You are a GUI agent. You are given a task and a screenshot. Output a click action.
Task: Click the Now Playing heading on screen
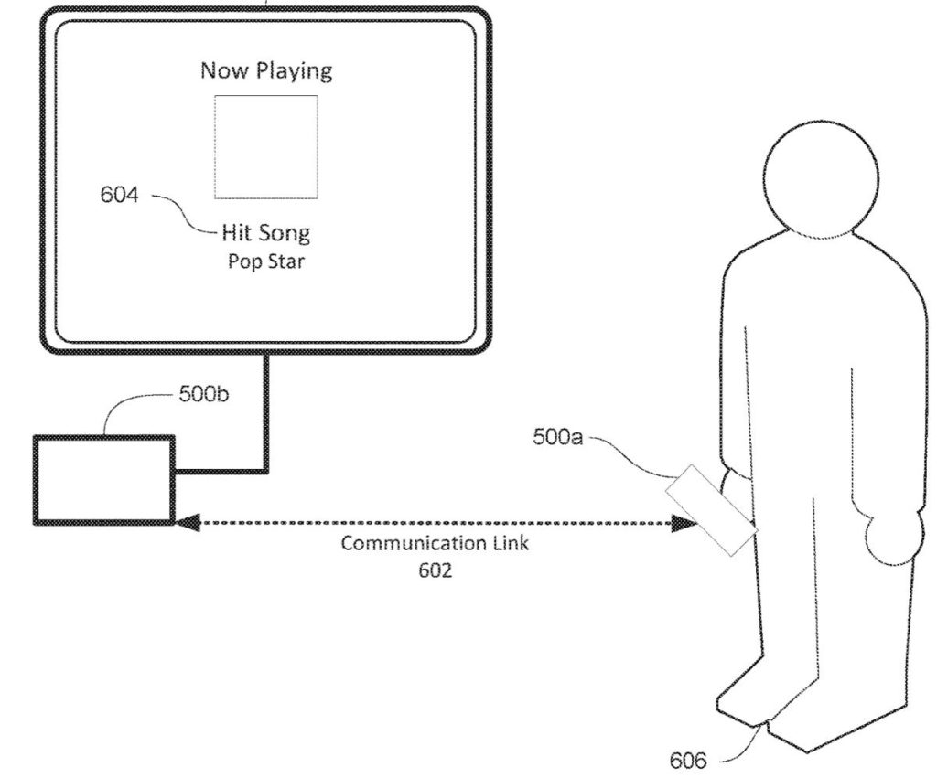click(x=266, y=71)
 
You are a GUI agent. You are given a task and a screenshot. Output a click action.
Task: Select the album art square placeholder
click(x=266, y=146)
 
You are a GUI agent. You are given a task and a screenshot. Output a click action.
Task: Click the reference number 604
click(x=120, y=195)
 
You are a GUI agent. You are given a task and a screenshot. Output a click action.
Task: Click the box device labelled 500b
click(x=103, y=480)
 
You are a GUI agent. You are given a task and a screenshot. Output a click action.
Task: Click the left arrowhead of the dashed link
click(x=186, y=523)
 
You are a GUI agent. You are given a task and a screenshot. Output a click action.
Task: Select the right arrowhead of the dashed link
click(x=683, y=524)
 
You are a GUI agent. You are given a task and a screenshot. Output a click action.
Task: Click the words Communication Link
click(x=435, y=543)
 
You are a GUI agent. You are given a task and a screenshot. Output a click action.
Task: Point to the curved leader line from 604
click(x=183, y=212)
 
